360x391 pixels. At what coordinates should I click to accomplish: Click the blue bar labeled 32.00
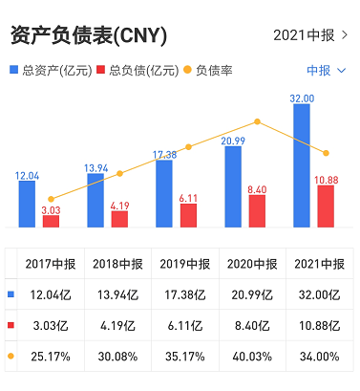(x=302, y=165)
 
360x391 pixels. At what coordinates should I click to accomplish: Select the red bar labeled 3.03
(x=51, y=221)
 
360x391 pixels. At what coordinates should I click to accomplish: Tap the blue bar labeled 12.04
(x=27, y=204)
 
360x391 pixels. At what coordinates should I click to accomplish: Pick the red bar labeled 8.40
(x=257, y=211)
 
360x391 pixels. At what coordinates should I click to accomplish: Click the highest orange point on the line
(x=257, y=121)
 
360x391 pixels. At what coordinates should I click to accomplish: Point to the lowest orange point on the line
(x=51, y=199)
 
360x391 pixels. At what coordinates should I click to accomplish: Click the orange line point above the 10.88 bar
(x=326, y=153)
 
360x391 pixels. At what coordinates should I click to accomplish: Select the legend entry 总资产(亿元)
(x=51, y=70)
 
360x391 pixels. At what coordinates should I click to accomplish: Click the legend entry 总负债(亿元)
(x=138, y=70)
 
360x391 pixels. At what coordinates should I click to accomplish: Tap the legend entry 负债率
(x=208, y=70)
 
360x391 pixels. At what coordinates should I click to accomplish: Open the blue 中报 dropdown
(x=327, y=71)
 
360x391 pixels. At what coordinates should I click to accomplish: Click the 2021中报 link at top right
(x=310, y=35)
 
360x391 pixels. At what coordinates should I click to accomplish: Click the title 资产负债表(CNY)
(x=89, y=35)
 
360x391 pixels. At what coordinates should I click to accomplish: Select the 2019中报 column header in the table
(x=185, y=264)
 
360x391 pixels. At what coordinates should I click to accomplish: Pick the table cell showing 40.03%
(x=252, y=357)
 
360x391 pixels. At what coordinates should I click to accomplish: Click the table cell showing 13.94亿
(x=117, y=294)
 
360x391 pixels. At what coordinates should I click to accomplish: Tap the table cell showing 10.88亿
(x=320, y=326)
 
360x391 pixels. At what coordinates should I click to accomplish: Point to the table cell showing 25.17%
(x=51, y=357)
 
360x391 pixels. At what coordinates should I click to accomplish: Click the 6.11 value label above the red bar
(x=188, y=198)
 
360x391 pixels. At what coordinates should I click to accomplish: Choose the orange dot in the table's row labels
(x=11, y=356)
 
